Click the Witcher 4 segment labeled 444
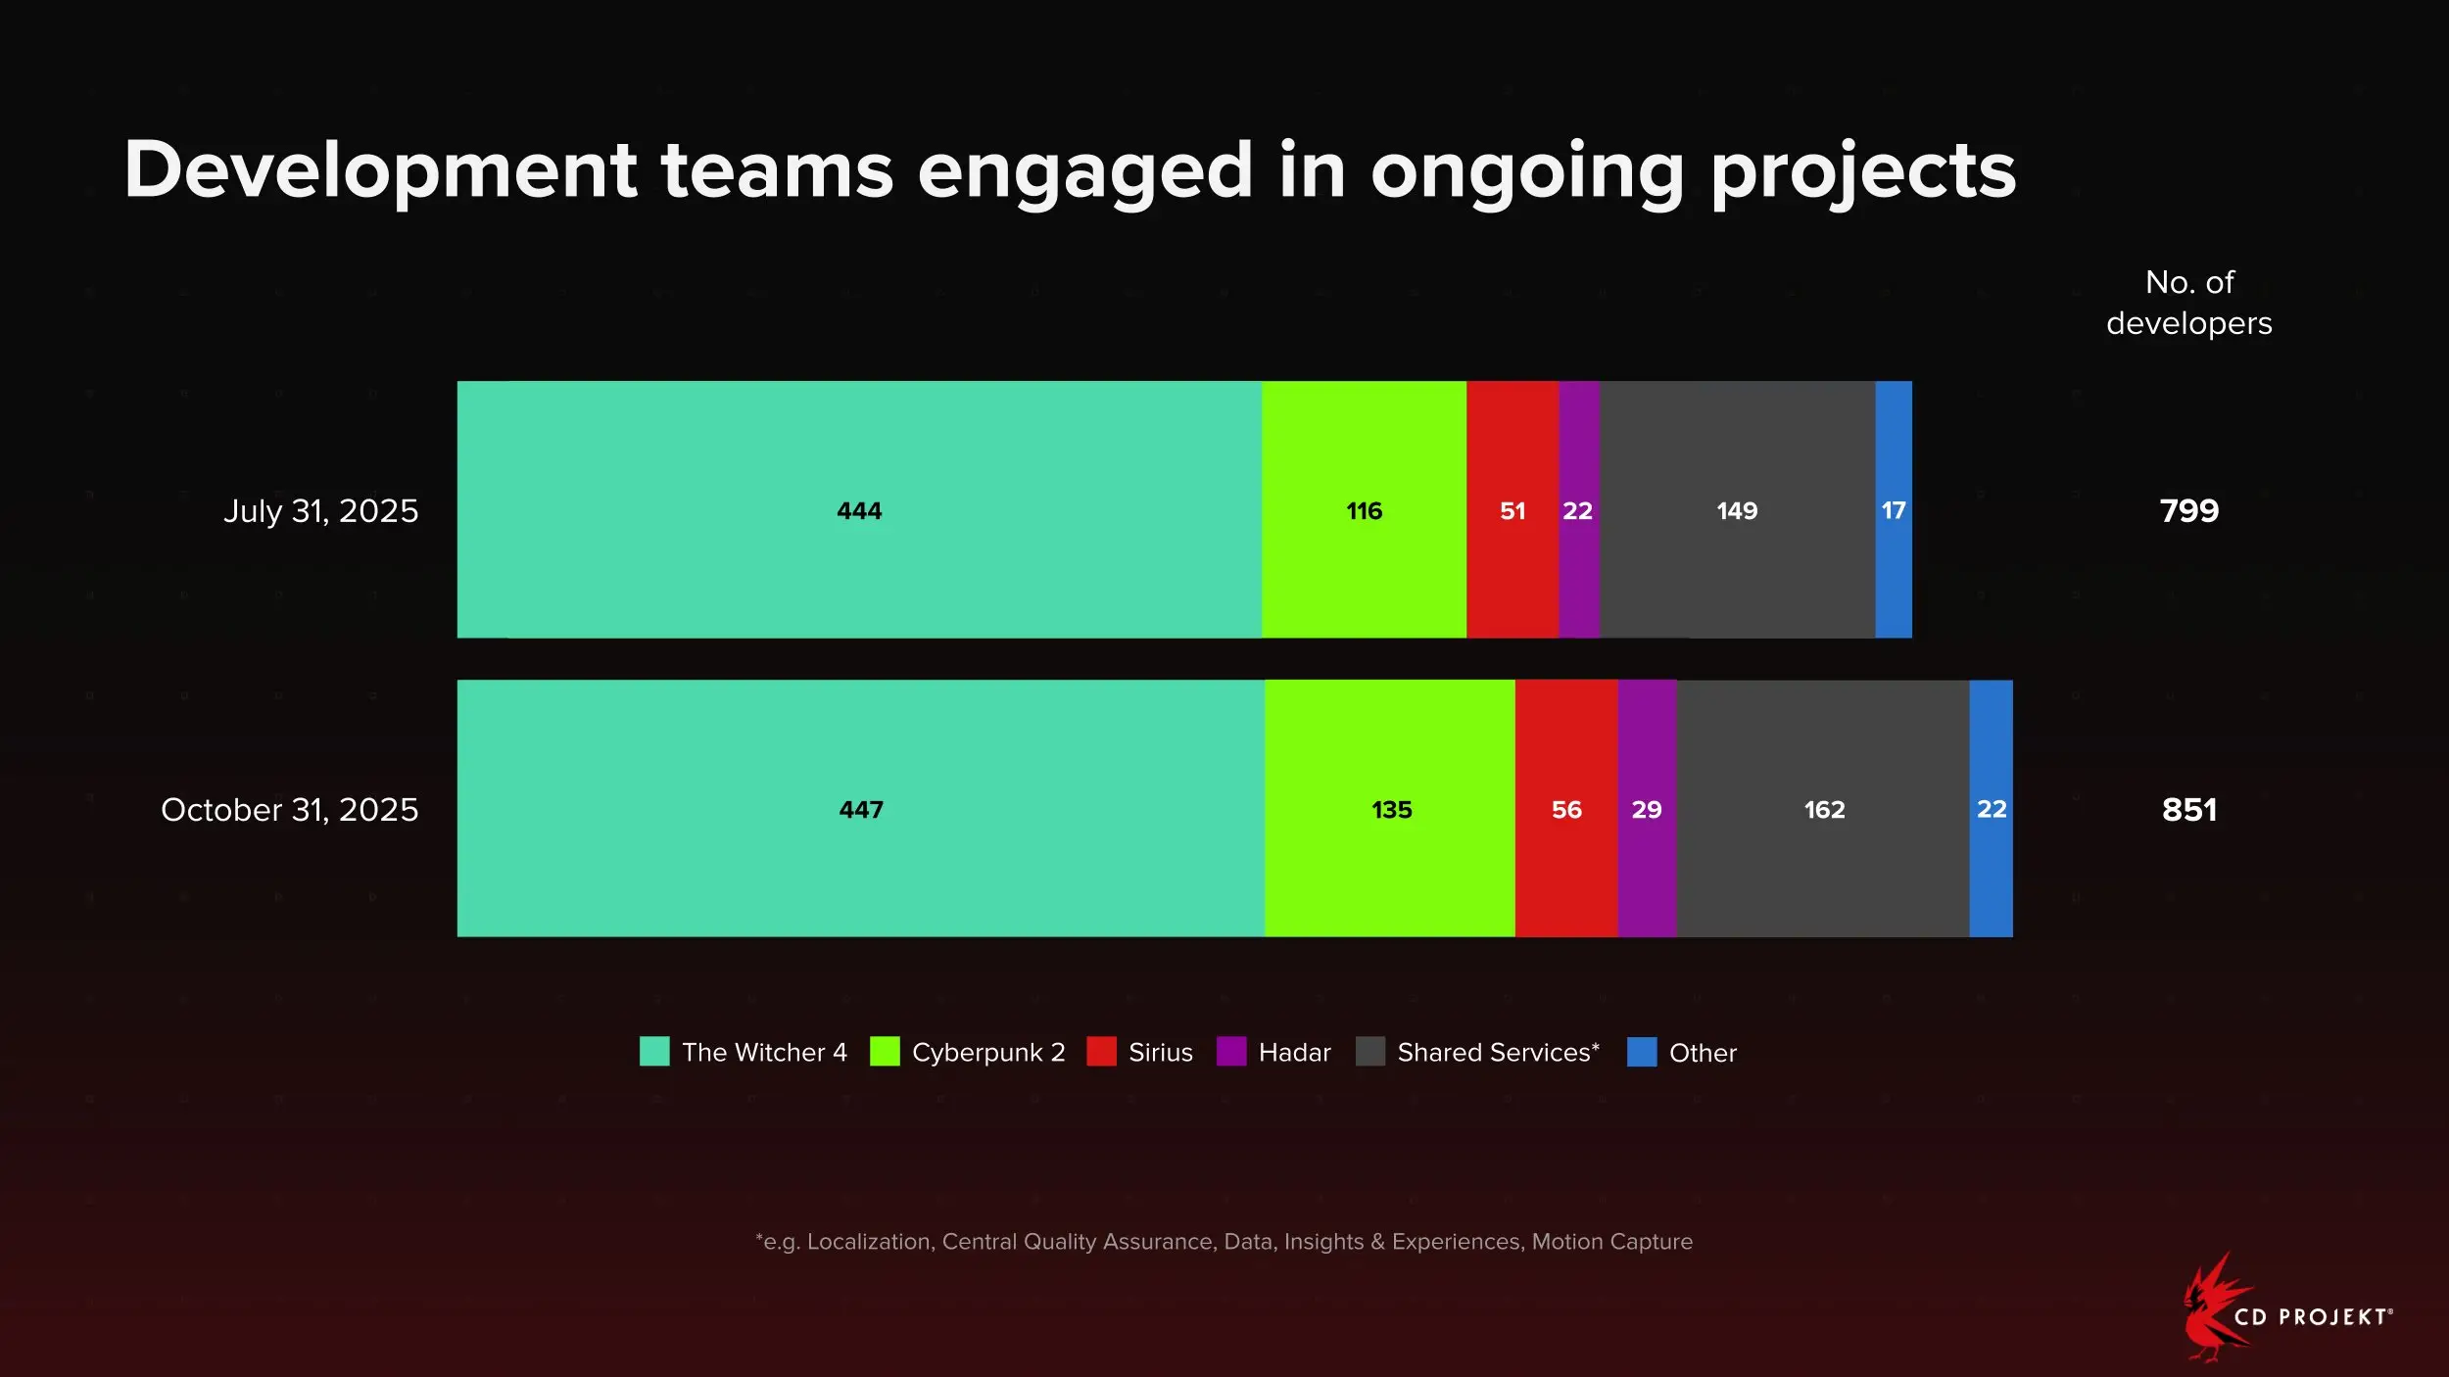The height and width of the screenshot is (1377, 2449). tap(859, 510)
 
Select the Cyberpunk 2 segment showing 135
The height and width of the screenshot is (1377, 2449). tap(1390, 809)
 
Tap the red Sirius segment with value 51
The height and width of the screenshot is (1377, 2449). tap(1512, 510)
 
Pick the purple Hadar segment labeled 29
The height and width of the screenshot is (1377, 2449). tap(1647, 809)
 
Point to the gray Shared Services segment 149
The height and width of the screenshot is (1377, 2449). tap(1737, 510)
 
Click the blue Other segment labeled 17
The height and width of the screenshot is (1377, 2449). tap(1893, 510)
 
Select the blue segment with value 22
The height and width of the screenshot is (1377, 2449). tap(1991, 809)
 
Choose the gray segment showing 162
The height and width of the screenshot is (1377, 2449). tap(1823, 809)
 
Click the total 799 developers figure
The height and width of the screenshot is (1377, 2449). tap(2188, 510)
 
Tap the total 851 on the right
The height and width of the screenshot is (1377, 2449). tap(2188, 810)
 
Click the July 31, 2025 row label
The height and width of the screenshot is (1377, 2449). tap(320, 511)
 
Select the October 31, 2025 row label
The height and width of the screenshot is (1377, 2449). tap(289, 810)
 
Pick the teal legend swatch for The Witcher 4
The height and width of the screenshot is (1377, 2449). tap(654, 1052)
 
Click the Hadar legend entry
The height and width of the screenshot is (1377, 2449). tap(1294, 1053)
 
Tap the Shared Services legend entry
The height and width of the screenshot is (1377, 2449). tap(1497, 1053)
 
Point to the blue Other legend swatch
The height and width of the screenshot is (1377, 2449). tap(1641, 1052)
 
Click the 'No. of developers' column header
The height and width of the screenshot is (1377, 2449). tap(2188, 303)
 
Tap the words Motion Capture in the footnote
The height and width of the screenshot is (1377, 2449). tap(1611, 1242)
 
